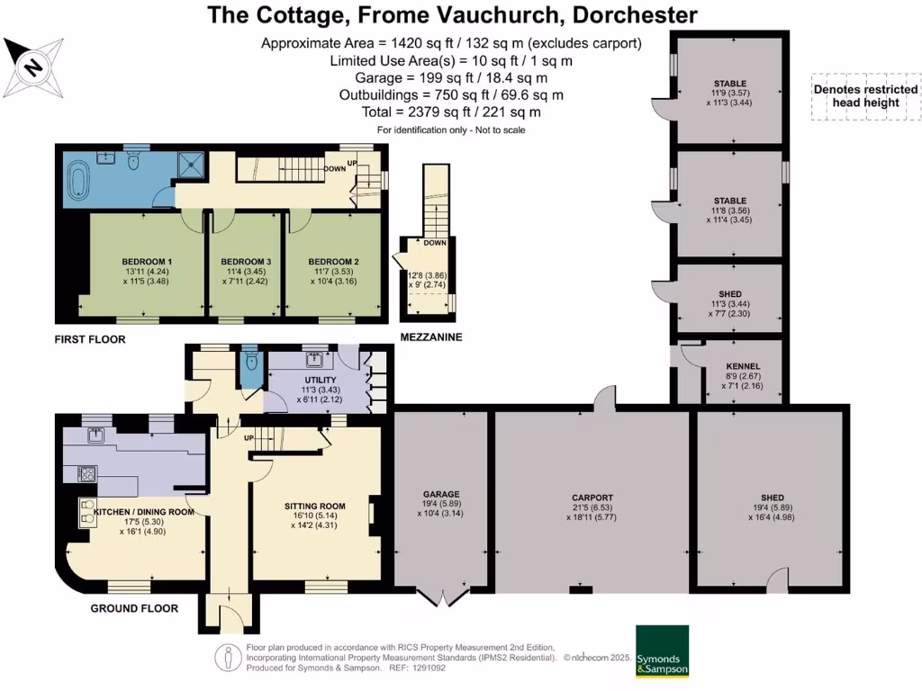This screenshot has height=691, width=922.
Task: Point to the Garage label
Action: click(441, 494)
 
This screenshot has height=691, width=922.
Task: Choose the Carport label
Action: click(592, 498)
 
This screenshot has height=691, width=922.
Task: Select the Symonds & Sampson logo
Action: click(662, 651)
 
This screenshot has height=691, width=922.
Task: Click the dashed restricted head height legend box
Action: click(865, 96)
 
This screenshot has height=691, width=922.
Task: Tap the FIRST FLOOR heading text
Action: click(89, 339)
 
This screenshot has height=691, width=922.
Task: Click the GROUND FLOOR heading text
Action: click(134, 608)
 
